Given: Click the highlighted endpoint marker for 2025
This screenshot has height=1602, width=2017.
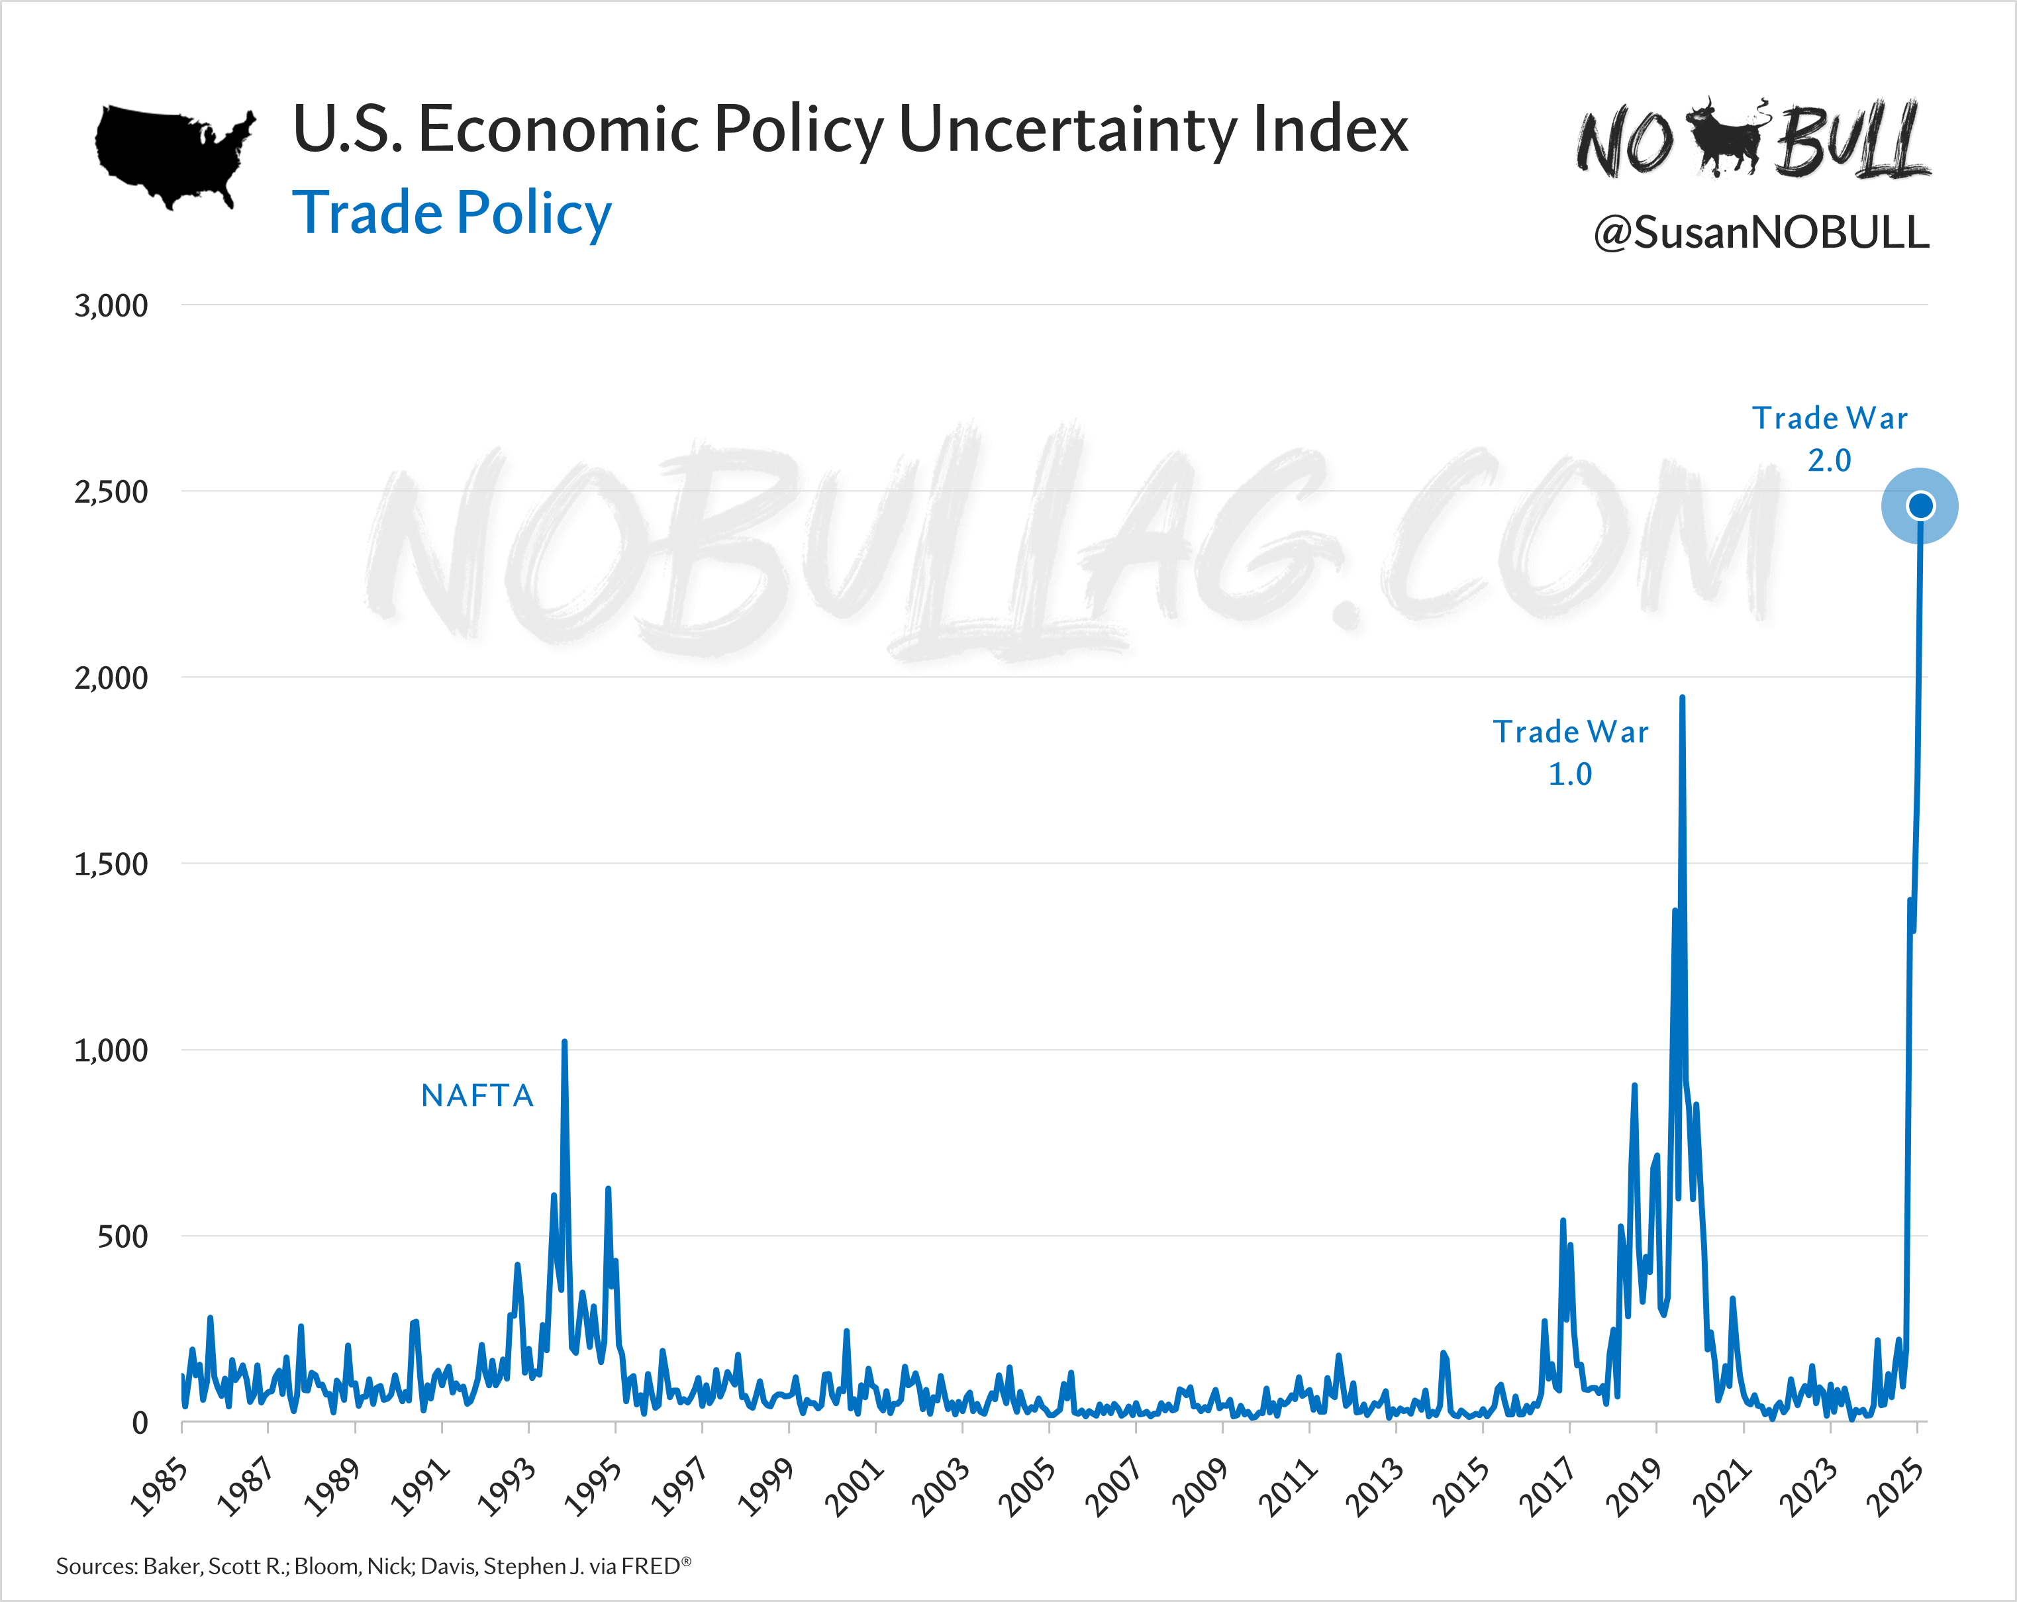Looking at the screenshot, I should [1920, 505].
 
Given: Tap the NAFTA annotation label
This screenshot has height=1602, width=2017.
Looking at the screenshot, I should [477, 1095].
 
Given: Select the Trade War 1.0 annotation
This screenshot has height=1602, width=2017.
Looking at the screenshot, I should [1570, 752].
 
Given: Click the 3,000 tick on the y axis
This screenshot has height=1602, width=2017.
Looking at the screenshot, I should [111, 306].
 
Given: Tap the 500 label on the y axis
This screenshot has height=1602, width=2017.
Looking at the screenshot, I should [123, 1237].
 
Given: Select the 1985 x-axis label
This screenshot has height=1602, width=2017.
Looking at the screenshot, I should [159, 1487].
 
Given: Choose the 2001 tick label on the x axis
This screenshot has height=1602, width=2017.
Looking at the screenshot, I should [853, 1487].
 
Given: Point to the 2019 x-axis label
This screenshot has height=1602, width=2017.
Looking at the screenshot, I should [1634, 1487].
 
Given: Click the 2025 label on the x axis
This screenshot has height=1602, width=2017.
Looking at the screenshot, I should [1894, 1487].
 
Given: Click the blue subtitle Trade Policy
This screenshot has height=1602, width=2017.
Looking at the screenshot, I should [452, 213].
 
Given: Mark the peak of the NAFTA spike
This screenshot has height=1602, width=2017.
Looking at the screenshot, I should [564, 1042].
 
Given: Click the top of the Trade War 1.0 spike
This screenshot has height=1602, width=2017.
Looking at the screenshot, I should [1682, 698].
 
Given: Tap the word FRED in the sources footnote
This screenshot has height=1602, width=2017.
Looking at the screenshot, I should [651, 1566].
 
